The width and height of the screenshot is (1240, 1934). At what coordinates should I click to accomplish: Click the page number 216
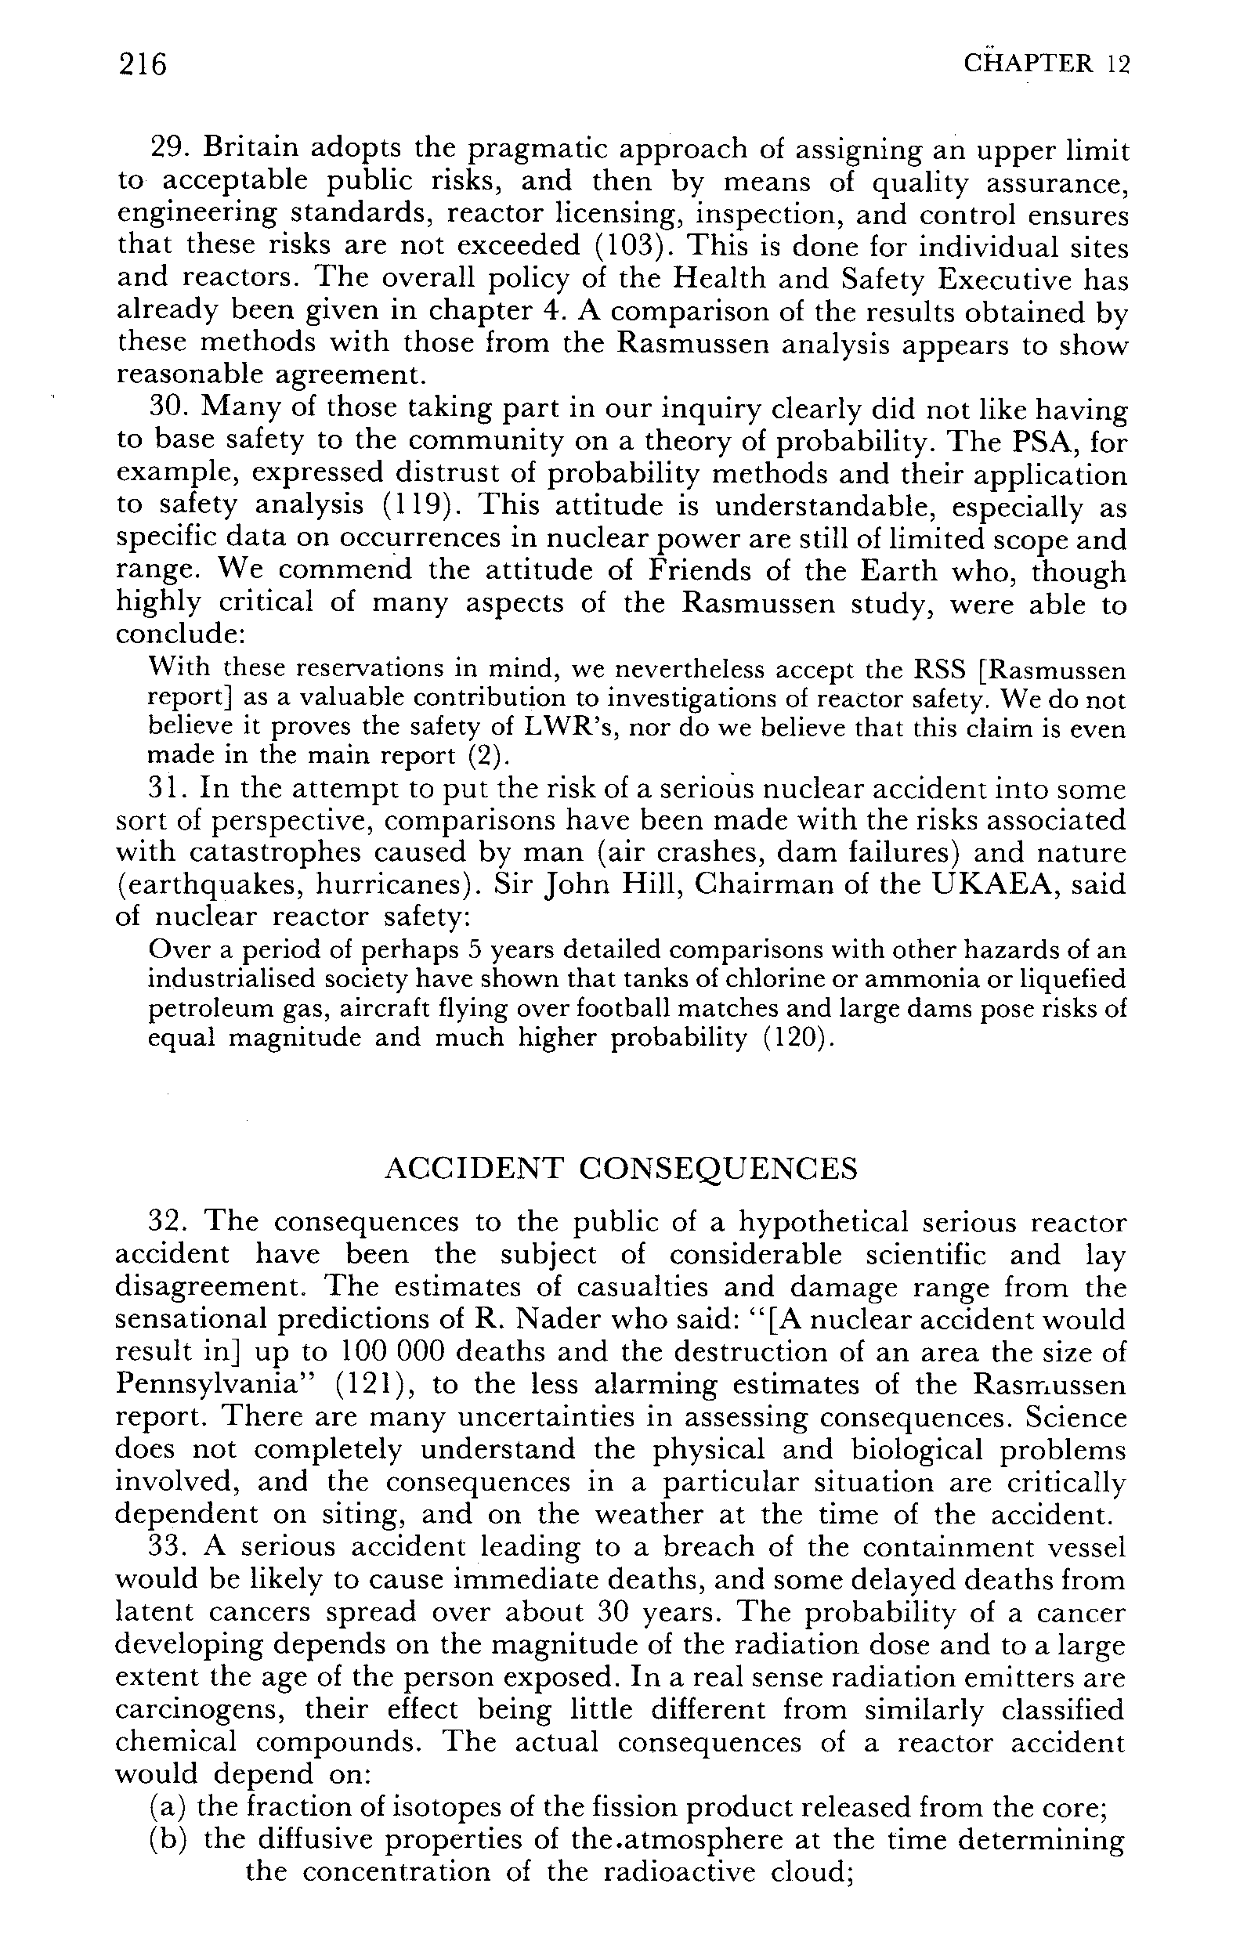(143, 63)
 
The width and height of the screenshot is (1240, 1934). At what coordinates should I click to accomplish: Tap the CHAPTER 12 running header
(1047, 63)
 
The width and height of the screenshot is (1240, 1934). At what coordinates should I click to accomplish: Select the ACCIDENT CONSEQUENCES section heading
(621, 1168)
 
